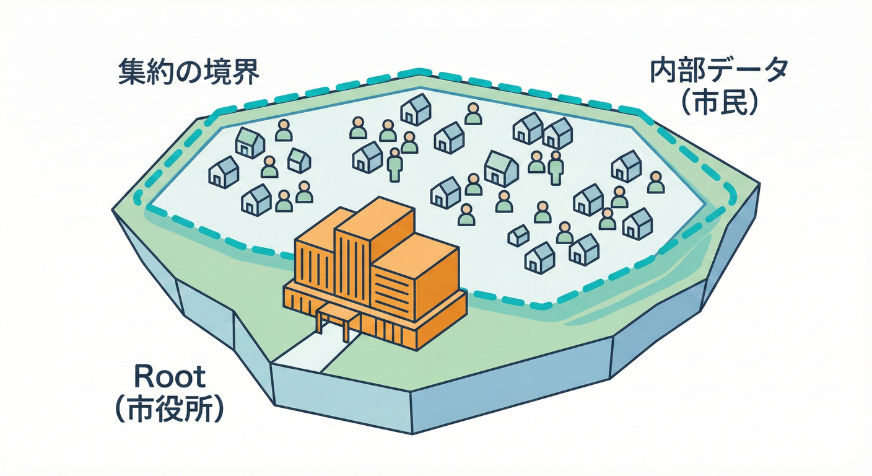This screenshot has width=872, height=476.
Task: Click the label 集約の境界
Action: (189, 72)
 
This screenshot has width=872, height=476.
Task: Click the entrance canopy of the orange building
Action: (338, 317)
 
